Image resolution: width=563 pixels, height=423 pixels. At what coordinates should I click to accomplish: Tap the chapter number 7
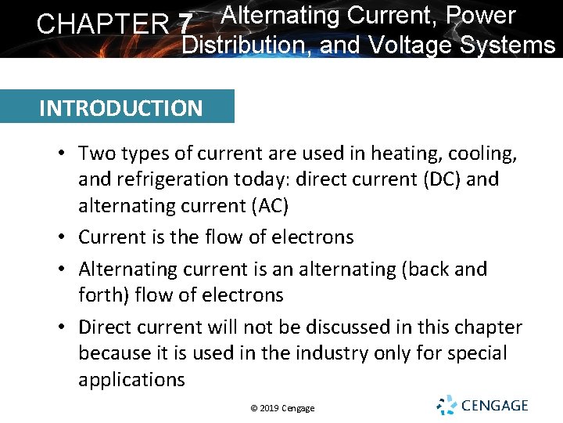point(185,24)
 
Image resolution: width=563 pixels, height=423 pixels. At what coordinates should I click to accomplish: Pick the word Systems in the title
point(508,45)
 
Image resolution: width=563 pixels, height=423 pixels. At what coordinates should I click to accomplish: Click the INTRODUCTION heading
point(120,107)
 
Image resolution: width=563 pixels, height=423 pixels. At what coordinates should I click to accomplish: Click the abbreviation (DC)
point(436,179)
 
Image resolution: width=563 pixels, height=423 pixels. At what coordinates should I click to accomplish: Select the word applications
point(131,380)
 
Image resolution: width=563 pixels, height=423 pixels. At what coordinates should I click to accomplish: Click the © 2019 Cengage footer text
point(282,408)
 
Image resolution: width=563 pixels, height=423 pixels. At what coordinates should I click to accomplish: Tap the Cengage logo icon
point(446,405)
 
